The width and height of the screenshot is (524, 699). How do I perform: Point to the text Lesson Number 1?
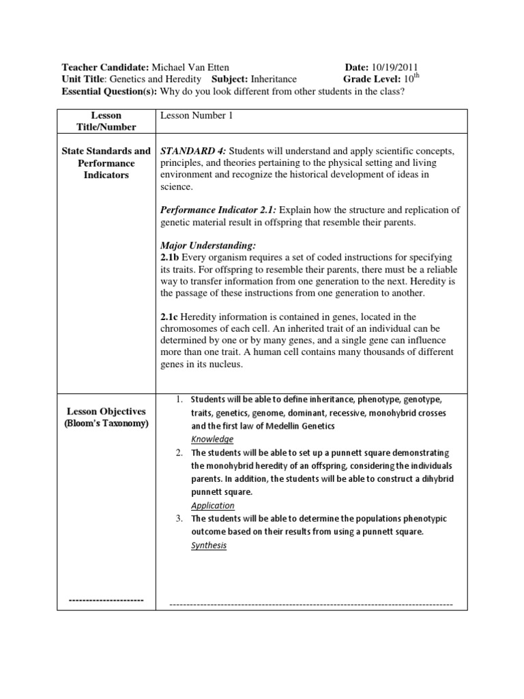[x=196, y=115]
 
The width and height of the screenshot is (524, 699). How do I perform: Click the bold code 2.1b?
[x=170, y=256]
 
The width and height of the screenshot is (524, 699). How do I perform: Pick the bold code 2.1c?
[x=170, y=317]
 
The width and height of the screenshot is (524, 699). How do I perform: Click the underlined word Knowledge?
[x=212, y=439]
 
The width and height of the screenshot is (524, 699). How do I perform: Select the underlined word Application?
[x=212, y=505]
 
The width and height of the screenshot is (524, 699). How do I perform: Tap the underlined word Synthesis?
[x=209, y=545]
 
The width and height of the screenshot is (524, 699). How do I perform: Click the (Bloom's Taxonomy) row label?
[x=106, y=423]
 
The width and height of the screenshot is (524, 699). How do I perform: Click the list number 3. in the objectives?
[x=178, y=519]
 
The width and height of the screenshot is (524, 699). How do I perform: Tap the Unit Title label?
[x=84, y=79]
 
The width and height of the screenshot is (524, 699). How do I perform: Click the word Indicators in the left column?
[x=106, y=175]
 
